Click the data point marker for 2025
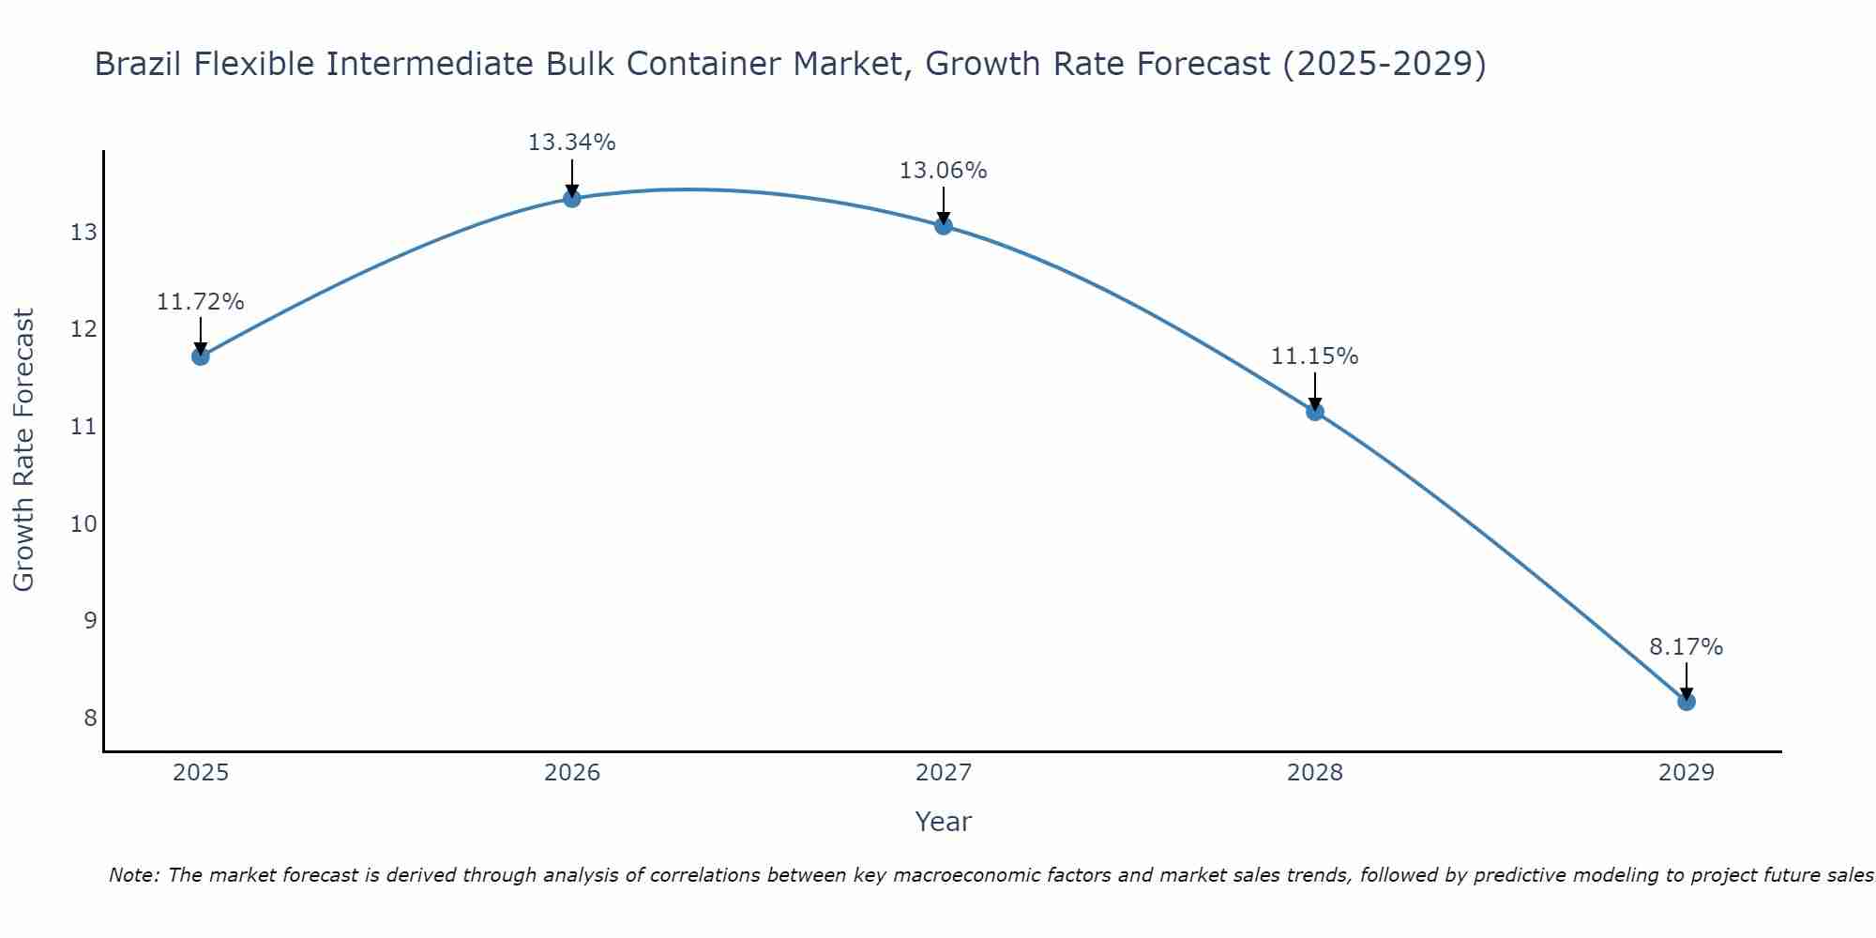[200, 356]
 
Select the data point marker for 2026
[571, 198]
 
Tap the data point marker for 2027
[943, 225]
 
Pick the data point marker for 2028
[1314, 411]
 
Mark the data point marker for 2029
[1686, 701]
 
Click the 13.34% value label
[571, 143]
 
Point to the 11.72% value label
[200, 302]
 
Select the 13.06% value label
[943, 171]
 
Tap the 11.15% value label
[1314, 356]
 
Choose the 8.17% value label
[1686, 647]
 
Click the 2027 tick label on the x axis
[943, 773]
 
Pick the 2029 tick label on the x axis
[1686, 773]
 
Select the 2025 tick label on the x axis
[201, 773]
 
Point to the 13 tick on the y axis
[83, 233]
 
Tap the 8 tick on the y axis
[90, 718]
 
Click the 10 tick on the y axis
[83, 523]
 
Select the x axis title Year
[943, 822]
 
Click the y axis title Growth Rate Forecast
[24, 450]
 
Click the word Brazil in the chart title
[138, 64]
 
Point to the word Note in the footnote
[134, 875]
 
